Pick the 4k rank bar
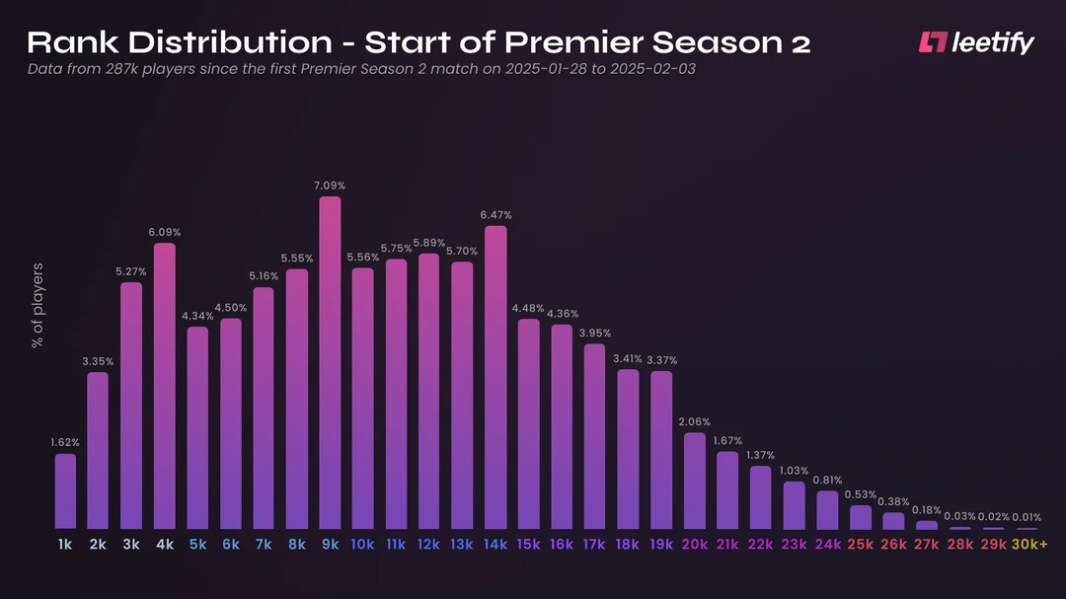165,385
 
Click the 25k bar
861,517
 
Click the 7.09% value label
330,186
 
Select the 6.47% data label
495,215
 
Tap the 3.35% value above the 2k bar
98,362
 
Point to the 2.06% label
695,422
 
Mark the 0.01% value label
1027,517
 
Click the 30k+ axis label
1030,545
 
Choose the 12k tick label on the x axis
429,545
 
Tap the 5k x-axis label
197,545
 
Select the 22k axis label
761,545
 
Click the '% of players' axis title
38,305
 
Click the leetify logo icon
932,42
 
